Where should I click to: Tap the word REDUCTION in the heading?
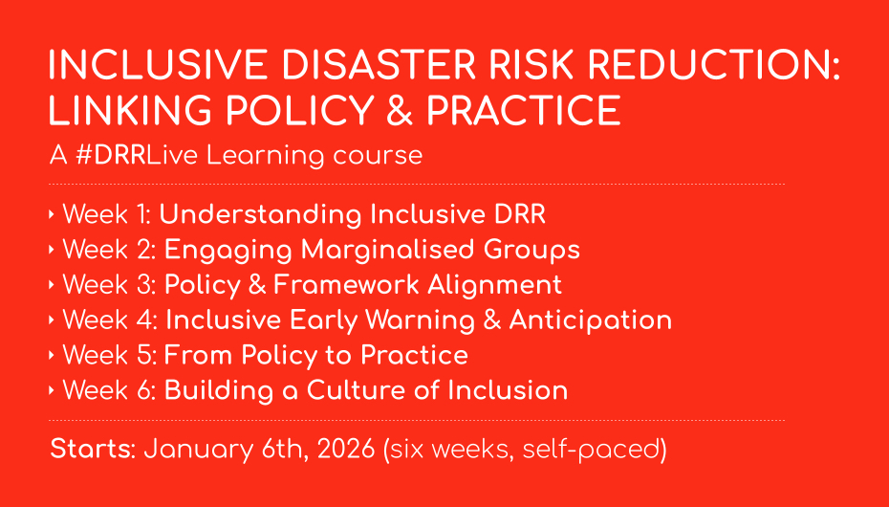click(710, 64)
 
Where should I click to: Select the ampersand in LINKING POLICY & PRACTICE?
click(400, 110)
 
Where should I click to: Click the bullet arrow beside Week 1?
click(52, 214)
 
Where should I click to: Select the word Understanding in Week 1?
click(260, 215)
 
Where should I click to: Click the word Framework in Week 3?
click(347, 285)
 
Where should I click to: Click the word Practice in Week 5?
click(415, 355)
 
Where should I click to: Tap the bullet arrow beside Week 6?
click(52, 390)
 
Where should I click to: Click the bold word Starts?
click(93, 449)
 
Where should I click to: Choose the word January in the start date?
click(199, 451)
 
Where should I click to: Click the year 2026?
click(346, 449)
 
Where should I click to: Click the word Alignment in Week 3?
click(494, 286)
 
